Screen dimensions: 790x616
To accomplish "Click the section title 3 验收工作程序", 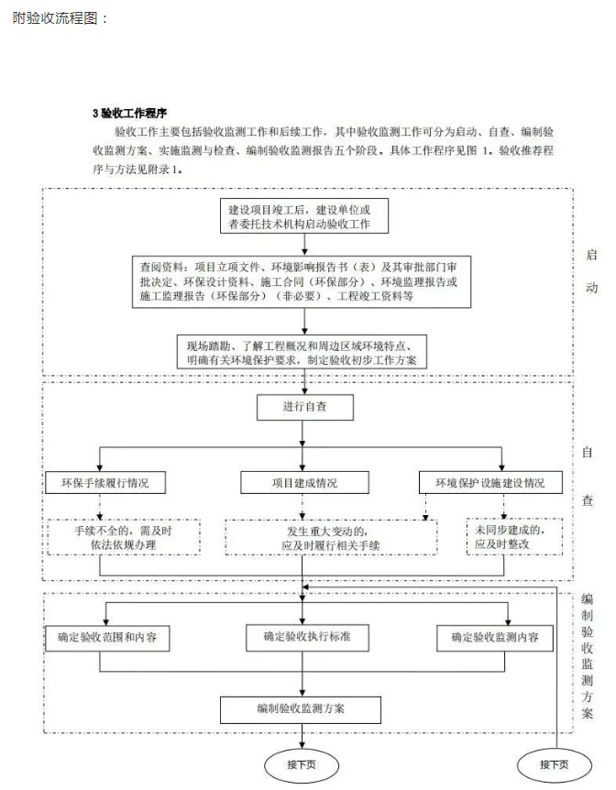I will [x=129, y=114].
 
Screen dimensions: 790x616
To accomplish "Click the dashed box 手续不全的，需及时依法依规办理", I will [x=124, y=537].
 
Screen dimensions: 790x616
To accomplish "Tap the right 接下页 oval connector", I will [x=554, y=764].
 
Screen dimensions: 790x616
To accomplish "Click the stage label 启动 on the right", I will [x=591, y=271].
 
